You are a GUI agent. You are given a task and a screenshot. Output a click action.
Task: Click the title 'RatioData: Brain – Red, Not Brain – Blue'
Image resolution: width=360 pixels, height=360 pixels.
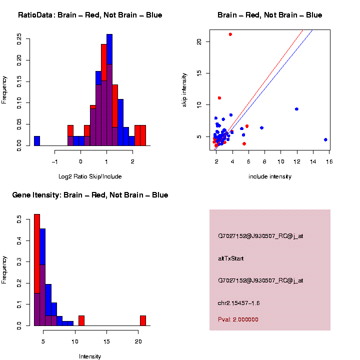90,15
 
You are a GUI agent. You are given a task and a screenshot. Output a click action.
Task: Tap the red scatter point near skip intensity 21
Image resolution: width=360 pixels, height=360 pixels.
230,34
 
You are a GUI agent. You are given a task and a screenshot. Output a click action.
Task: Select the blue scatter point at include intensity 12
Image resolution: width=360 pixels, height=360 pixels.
296,109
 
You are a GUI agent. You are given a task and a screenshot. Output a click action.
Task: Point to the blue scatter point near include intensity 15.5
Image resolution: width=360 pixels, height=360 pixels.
325,139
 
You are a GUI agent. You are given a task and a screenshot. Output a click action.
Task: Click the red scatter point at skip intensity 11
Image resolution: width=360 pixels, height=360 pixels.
219,98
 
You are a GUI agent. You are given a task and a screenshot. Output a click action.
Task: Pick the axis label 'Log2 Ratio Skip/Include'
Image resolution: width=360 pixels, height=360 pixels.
89,176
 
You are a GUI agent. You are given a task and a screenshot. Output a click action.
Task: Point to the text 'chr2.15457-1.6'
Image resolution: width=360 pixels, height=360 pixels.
239,303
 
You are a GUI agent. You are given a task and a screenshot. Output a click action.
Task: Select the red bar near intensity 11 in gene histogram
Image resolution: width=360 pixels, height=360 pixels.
81,320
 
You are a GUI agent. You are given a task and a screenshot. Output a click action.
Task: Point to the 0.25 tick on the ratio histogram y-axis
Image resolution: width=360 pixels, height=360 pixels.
18,38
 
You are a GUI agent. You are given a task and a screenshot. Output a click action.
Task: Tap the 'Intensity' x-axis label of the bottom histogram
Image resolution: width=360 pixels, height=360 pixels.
90,356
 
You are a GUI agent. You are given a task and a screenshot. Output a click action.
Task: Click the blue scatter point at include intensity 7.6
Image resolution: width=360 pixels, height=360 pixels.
261,128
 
